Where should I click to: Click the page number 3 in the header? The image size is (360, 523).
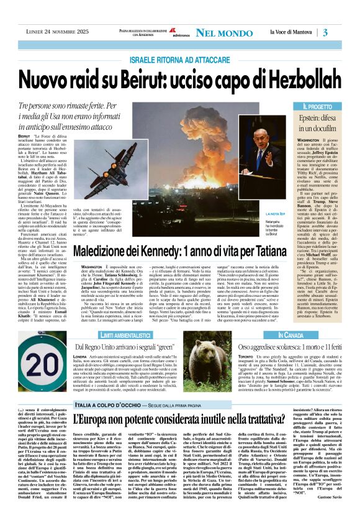343,32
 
